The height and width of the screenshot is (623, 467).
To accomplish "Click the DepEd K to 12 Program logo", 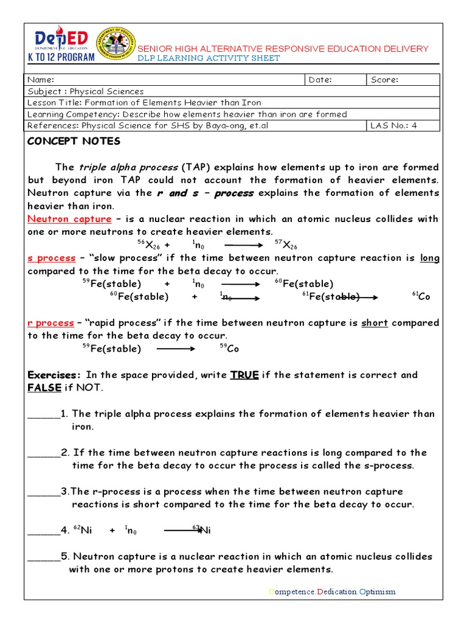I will coord(61,44).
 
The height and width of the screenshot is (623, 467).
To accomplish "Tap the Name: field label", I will coord(41,80).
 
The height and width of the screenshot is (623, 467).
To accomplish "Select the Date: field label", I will coord(320,80).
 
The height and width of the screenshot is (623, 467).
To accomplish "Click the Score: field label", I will coord(384,80).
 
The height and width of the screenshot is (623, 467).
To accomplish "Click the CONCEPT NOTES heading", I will coord(74,141).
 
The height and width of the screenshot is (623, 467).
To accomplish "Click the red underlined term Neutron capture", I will coord(70,219).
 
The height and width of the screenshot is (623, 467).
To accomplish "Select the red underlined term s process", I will coord(52,258).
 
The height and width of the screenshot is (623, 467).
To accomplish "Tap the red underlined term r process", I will coord(52,323).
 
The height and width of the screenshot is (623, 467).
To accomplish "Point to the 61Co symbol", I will coord(421,296).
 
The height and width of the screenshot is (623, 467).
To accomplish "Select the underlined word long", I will coord(430,258).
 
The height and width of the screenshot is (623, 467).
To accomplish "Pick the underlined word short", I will coord(375,323).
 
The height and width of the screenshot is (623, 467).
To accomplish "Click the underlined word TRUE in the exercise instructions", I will coord(244,375).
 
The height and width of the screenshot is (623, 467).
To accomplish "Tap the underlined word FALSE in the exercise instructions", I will coord(45,388).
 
